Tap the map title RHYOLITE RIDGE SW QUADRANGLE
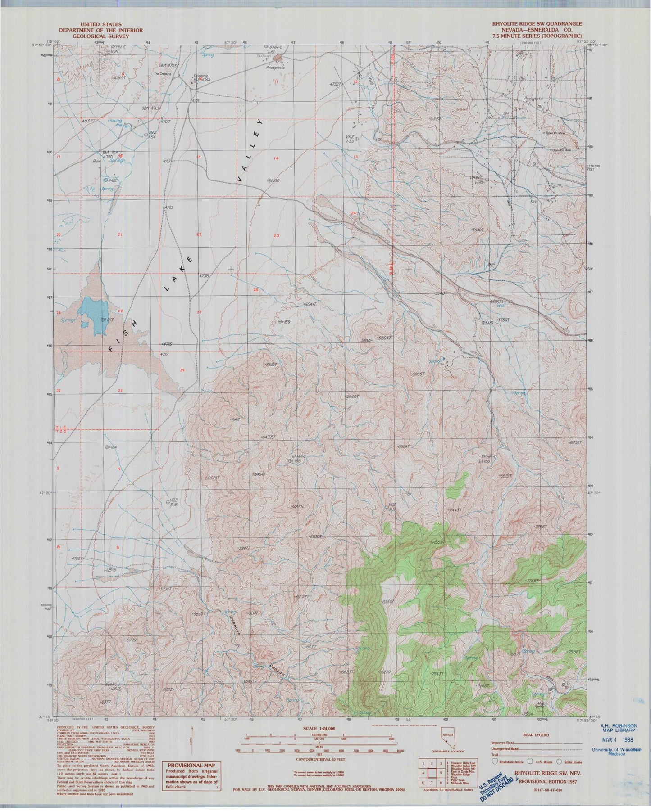[536, 24]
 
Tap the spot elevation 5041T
[311, 305]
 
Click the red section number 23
[276, 235]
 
